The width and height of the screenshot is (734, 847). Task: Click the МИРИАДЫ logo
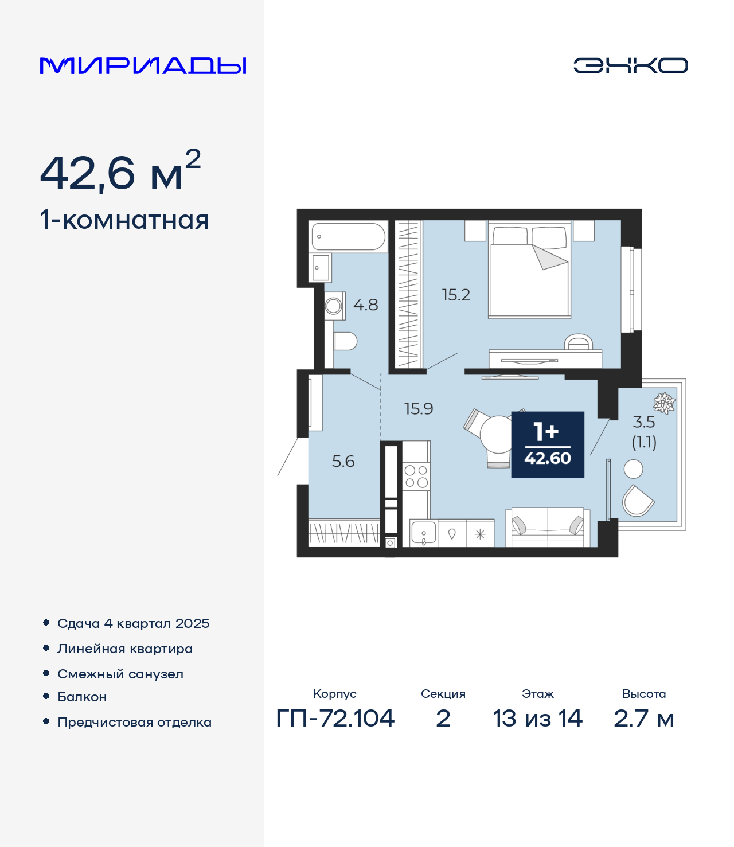[143, 66]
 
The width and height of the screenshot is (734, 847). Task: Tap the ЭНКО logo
[630, 65]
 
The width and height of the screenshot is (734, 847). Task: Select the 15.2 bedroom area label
[456, 295]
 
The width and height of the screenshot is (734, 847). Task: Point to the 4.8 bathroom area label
[365, 305]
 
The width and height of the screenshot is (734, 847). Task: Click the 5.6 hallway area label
[343, 462]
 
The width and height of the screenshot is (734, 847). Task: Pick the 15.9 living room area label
[419, 408]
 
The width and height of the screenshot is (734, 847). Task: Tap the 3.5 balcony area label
[644, 421]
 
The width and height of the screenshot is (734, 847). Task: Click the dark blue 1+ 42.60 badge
[548, 444]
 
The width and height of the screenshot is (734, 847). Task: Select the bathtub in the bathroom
[348, 236]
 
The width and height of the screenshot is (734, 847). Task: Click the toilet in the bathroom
[345, 341]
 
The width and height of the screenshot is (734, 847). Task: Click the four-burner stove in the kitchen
[416, 476]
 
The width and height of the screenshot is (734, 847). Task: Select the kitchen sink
[424, 533]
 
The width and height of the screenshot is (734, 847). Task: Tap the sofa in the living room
[548, 527]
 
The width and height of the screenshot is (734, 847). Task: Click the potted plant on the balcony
[664, 403]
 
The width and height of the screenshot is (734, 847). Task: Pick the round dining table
[498, 434]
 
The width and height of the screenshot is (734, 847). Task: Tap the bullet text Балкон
[82, 697]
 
